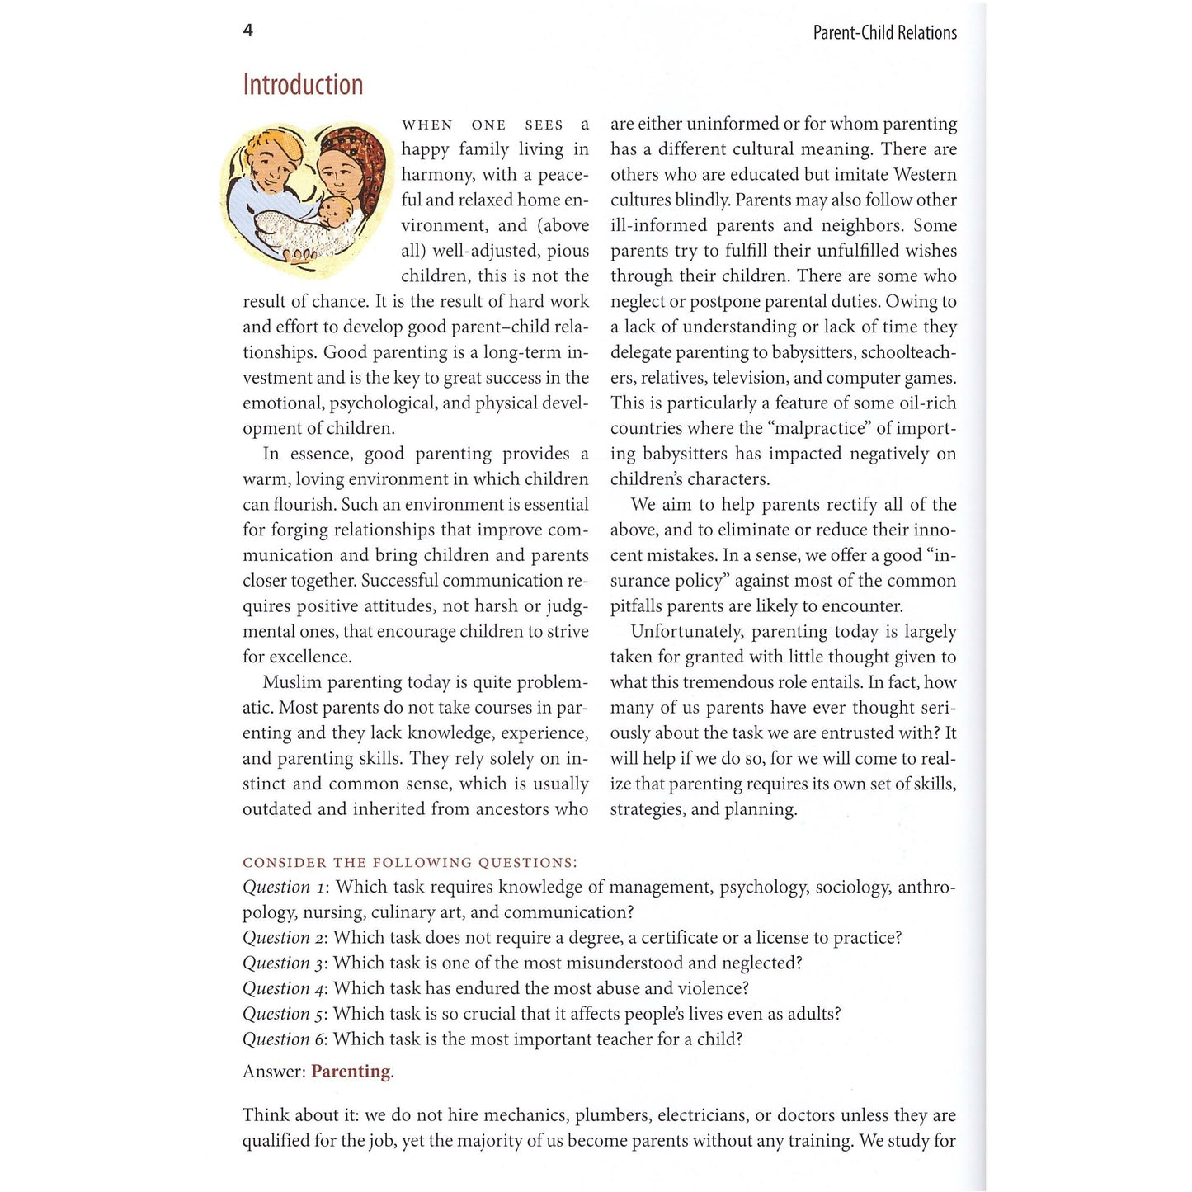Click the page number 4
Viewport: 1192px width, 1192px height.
click(x=247, y=31)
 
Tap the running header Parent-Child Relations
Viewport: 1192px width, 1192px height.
click(x=884, y=33)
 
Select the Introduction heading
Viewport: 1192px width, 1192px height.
click(x=303, y=85)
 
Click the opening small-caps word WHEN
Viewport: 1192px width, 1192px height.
click(x=427, y=125)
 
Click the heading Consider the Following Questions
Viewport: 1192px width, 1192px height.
click(x=410, y=863)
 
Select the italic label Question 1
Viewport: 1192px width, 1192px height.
click(x=285, y=888)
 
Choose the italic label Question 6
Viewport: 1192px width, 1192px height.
click(x=285, y=1039)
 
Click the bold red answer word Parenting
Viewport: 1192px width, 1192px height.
click(x=351, y=1072)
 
